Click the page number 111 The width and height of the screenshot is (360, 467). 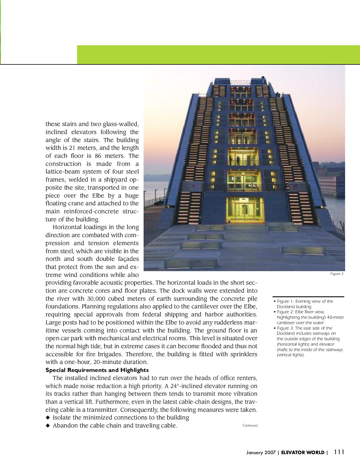point(339,452)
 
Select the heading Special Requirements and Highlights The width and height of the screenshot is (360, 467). point(97,370)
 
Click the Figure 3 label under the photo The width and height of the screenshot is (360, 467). point(337,274)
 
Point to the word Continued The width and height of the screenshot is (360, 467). point(250,425)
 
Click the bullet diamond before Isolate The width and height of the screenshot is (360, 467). point(48,417)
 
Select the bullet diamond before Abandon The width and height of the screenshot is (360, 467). point(48,425)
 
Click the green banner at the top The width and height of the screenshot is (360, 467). point(218,54)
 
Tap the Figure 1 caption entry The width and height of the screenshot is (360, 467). point(305,304)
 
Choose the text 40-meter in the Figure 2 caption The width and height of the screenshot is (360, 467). point(335,317)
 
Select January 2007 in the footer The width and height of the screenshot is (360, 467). point(261,453)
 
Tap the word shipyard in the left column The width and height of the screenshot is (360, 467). point(111,180)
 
